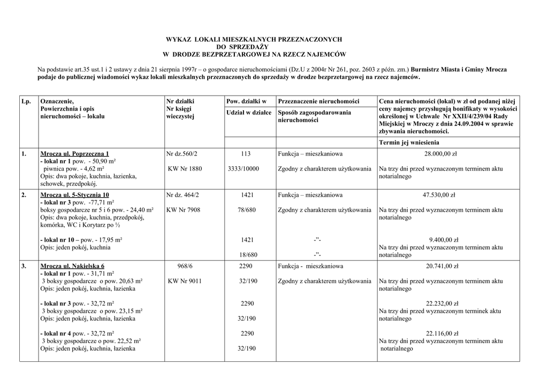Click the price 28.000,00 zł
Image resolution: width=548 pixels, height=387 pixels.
(x=440, y=154)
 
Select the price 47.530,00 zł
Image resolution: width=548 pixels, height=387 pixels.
(x=439, y=195)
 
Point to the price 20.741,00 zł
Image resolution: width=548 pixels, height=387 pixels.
(x=442, y=266)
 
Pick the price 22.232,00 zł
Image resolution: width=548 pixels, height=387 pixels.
(x=442, y=304)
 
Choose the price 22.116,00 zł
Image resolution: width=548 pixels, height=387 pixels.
(x=442, y=334)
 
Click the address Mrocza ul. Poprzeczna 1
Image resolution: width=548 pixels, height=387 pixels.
(x=74, y=154)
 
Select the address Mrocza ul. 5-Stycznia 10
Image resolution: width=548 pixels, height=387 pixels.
(x=74, y=195)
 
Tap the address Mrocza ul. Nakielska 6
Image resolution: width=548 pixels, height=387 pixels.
(x=72, y=266)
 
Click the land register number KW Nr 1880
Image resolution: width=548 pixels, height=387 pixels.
(x=185, y=169)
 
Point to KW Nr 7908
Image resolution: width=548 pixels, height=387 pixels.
(x=183, y=210)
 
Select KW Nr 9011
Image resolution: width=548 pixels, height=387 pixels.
(x=185, y=281)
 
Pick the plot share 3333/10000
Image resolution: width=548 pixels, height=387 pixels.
(x=243, y=169)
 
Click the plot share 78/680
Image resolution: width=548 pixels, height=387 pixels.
(x=247, y=210)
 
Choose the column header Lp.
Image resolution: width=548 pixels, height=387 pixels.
(x=26, y=102)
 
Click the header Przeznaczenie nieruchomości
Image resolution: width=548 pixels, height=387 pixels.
(x=318, y=102)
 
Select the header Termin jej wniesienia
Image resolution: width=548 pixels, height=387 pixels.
(x=409, y=143)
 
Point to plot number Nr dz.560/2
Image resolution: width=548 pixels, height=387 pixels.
(x=182, y=154)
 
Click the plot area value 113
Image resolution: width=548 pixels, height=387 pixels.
(x=246, y=154)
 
